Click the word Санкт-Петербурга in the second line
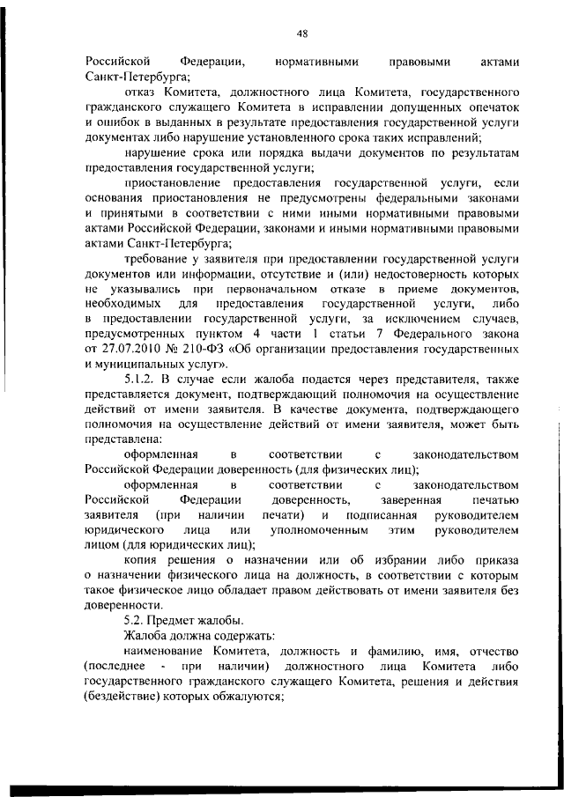coord(130,77)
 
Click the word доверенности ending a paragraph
coord(123,605)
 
